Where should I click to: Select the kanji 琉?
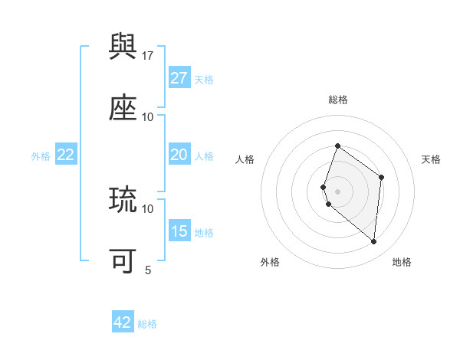point(123,200)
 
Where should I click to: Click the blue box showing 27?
point(179,78)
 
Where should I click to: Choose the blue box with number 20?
point(179,155)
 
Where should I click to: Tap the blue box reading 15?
point(179,231)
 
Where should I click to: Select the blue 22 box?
point(65,155)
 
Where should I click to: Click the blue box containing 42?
point(122,322)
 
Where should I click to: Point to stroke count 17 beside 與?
point(148,55)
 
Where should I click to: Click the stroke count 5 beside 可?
point(148,270)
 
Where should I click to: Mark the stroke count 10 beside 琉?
point(148,208)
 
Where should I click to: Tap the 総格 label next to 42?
point(147,324)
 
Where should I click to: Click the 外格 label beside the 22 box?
point(41,155)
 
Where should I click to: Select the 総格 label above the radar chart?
point(338,100)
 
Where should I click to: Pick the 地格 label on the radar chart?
point(402,262)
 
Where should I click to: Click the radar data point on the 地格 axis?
point(374,241)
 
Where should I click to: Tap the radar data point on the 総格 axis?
point(337,146)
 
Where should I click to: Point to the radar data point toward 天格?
point(381,177)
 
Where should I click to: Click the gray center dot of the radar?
point(337,191)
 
